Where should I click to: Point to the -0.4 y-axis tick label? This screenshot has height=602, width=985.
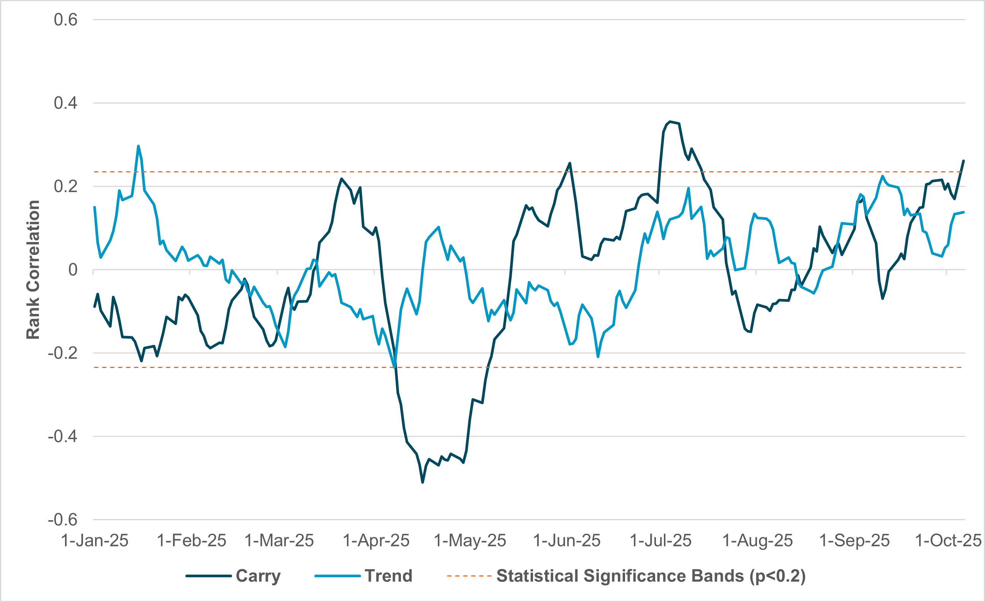pos(62,436)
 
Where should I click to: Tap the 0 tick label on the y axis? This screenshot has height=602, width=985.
pos(73,270)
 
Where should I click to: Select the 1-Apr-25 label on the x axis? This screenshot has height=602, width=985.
pos(376,540)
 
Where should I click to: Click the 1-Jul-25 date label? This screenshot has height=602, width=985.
pos(660,540)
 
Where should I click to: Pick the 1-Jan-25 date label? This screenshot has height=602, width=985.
pos(95,540)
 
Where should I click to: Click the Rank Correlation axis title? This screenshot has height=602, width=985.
pos(33,270)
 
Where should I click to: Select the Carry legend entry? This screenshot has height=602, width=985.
pos(258,576)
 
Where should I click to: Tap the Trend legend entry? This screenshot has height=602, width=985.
pos(388,576)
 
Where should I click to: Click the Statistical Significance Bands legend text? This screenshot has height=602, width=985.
pos(651,576)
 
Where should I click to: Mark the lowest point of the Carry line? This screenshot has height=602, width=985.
pos(423,483)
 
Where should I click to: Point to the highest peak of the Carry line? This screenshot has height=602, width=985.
pos(670,121)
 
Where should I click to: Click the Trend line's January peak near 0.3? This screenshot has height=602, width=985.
pos(138,146)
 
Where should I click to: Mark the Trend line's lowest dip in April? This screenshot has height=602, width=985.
pos(395,367)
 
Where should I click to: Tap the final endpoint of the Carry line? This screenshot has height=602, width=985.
pos(963,161)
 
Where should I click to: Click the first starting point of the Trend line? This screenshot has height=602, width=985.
pos(94,207)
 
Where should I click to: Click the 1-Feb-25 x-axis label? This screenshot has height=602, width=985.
pos(191,540)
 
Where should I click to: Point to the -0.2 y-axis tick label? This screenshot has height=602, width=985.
pos(62,353)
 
